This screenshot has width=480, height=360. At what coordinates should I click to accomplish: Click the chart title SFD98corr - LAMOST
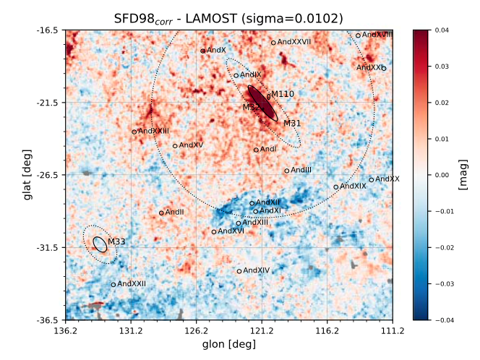(228, 18)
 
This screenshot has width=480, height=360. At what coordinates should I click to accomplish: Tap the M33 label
(116, 241)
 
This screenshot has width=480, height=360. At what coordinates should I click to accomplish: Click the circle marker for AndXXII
(113, 285)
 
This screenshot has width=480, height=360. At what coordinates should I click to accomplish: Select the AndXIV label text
(257, 270)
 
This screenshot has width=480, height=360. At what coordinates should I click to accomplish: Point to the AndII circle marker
(161, 213)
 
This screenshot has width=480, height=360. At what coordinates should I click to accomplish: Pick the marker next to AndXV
(175, 146)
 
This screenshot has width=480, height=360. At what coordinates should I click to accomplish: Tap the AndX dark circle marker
(203, 51)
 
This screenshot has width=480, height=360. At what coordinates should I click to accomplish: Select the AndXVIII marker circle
(358, 35)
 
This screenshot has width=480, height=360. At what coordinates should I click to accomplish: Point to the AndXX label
(387, 179)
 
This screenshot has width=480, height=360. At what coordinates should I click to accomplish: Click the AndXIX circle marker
(336, 187)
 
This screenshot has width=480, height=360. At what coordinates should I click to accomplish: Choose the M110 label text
(283, 94)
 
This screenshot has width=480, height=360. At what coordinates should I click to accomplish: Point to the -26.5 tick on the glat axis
(48, 175)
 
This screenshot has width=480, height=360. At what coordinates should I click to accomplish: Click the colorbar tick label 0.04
(443, 30)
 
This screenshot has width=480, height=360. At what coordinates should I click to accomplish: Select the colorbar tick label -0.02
(445, 247)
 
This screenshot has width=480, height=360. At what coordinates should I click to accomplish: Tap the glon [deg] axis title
(228, 344)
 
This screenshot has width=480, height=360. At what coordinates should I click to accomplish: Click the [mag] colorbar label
(463, 175)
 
